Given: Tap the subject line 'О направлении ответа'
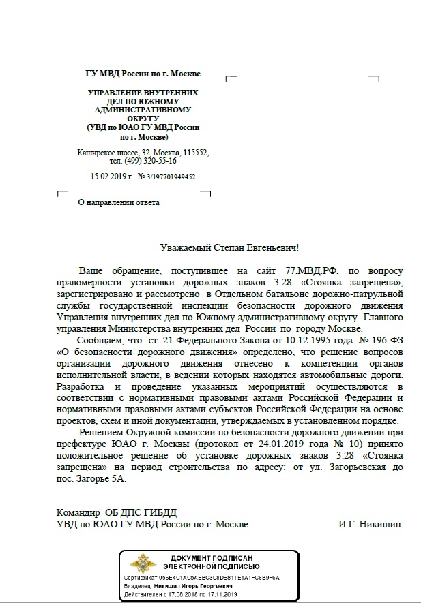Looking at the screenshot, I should (118, 202).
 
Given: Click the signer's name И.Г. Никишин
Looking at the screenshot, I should (370, 524).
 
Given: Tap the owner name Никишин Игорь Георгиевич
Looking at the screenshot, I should (193, 585).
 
